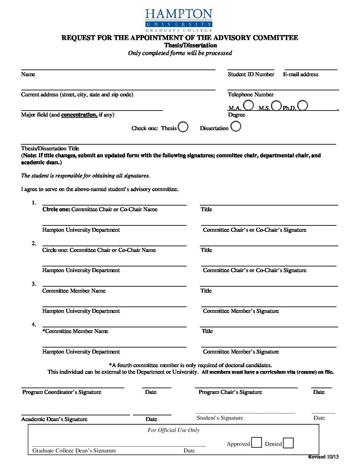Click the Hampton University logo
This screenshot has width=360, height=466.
pyautogui.click(x=179, y=20)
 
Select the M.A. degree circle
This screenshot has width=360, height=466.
pyautogui.click(x=248, y=106)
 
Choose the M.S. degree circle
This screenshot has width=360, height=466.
pyautogui.click(x=276, y=106)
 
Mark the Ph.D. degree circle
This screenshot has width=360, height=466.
pyautogui.click(x=302, y=105)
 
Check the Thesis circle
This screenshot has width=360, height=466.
pyautogui.click(x=183, y=127)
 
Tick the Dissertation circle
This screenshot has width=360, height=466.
pyautogui.click(x=236, y=126)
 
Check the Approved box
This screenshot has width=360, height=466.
pyautogui.click(x=256, y=443)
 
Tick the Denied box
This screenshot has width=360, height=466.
pyautogui.click(x=288, y=443)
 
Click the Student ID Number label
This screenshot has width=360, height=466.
pyautogui.click(x=251, y=74)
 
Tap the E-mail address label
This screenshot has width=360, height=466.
pyautogui.click(x=300, y=74)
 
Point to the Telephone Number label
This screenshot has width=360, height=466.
pyautogui.click(x=250, y=95)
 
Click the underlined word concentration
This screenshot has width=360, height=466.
pyautogui.click(x=79, y=115)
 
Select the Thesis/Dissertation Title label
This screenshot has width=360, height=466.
pyautogui.click(x=50, y=149)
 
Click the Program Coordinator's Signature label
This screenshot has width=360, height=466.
pyautogui.click(x=62, y=392)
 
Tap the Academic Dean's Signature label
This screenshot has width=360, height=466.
pyautogui.click(x=54, y=419)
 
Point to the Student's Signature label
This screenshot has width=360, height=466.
pyautogui.click(x=220, y=418)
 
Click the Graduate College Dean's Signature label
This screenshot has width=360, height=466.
pyautogui.click(x=74, y=450)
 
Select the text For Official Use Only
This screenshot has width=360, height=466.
pyautogui.click(x=173, y=430)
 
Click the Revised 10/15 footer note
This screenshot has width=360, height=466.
pyautogui.click(x=323, y=457)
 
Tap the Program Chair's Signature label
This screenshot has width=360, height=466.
pyautogui.click(x=230, y=392)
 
